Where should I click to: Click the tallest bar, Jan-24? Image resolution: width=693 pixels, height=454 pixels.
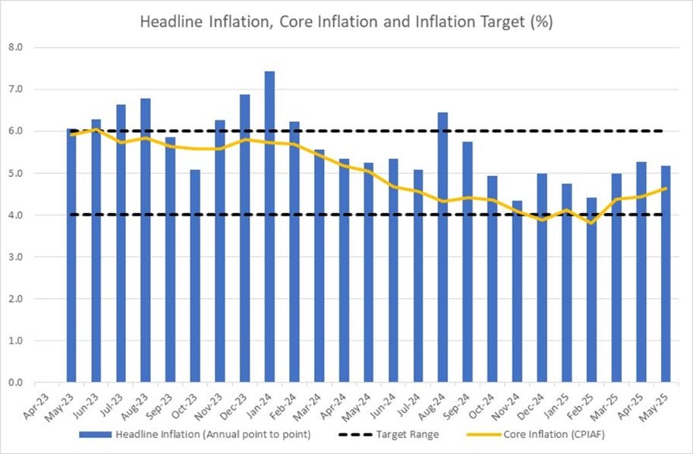[x=269, y=227]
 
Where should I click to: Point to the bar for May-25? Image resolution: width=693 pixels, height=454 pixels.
[x=666, y=274]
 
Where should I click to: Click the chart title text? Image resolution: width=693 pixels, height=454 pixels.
[x=346, y=22]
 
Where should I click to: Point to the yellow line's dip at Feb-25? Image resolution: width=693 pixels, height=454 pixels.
[x=591, y=223]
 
